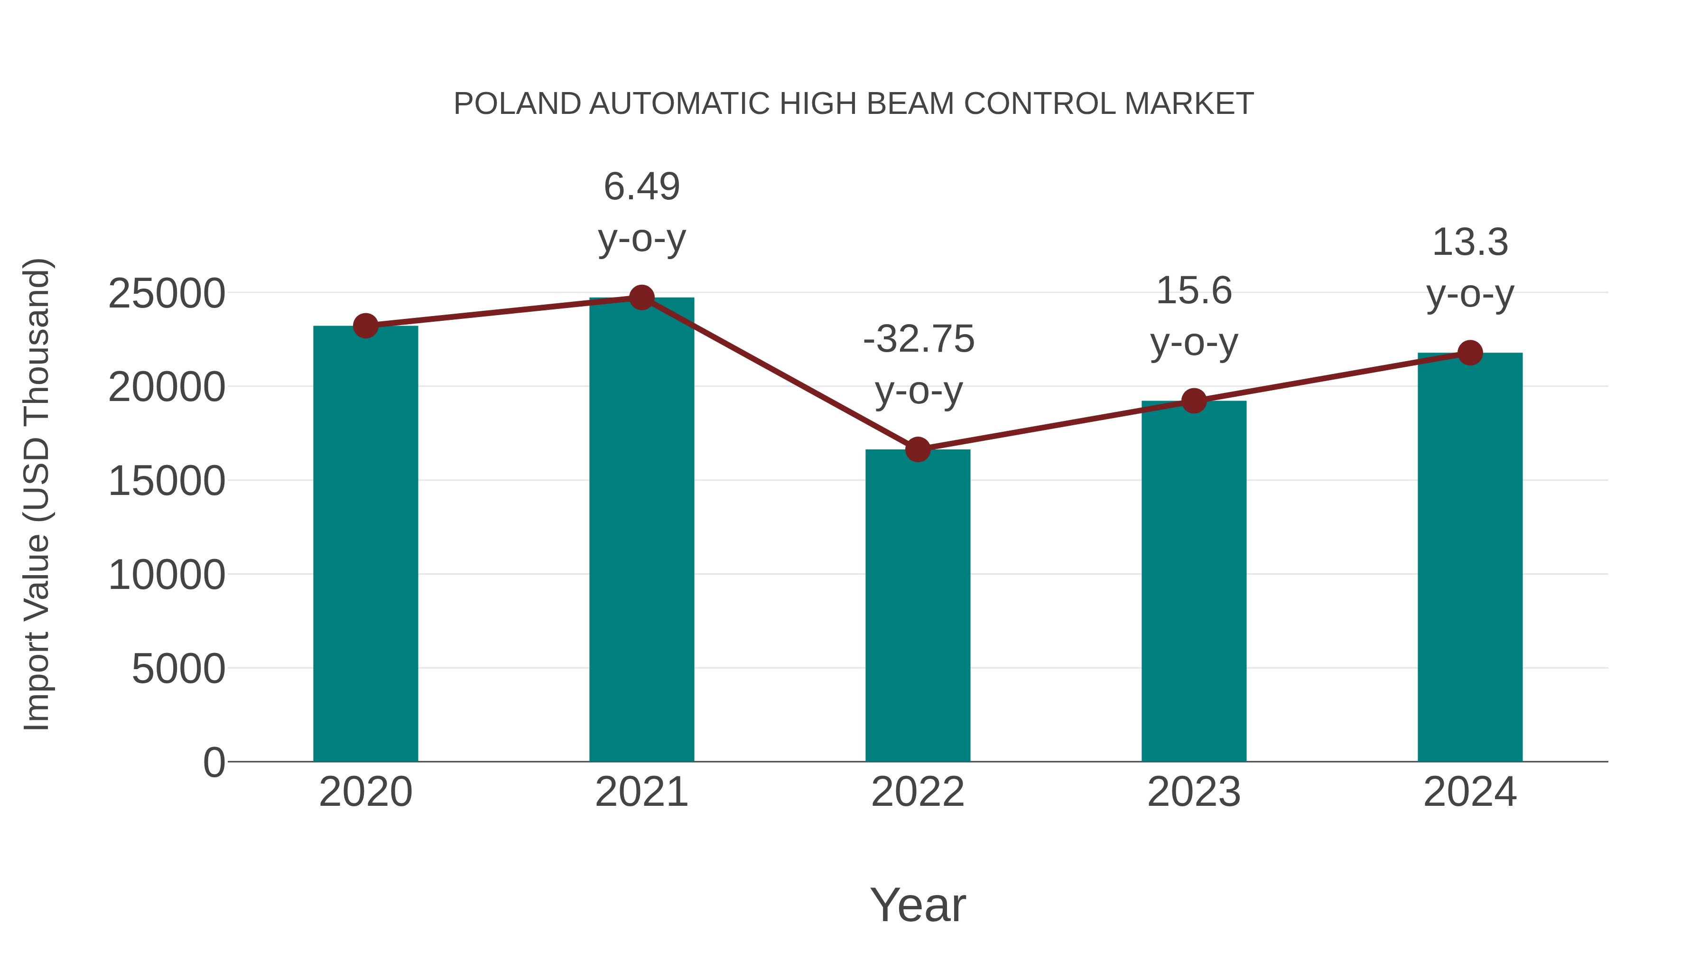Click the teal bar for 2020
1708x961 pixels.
[365, 544]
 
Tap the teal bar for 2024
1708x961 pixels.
[1470, 557]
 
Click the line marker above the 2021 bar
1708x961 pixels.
[641, 298]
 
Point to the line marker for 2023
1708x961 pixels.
[1194, 401]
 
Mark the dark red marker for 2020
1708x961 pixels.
[365, 326]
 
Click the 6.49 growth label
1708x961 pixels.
[641, 187]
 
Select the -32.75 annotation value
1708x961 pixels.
[919, 340]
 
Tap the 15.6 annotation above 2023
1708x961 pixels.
[1194, 291]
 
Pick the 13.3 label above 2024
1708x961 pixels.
[1470, 242]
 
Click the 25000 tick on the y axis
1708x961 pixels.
[167, 294]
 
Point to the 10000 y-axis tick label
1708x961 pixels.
[167, 575]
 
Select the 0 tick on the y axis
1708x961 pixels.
[213, 762]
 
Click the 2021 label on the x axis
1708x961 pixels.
[641, 792]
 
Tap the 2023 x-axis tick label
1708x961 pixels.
[1194, 792]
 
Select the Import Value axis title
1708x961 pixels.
[37, 494]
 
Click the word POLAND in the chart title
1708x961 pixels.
[517, 104]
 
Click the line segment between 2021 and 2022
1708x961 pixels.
[780, 374]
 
